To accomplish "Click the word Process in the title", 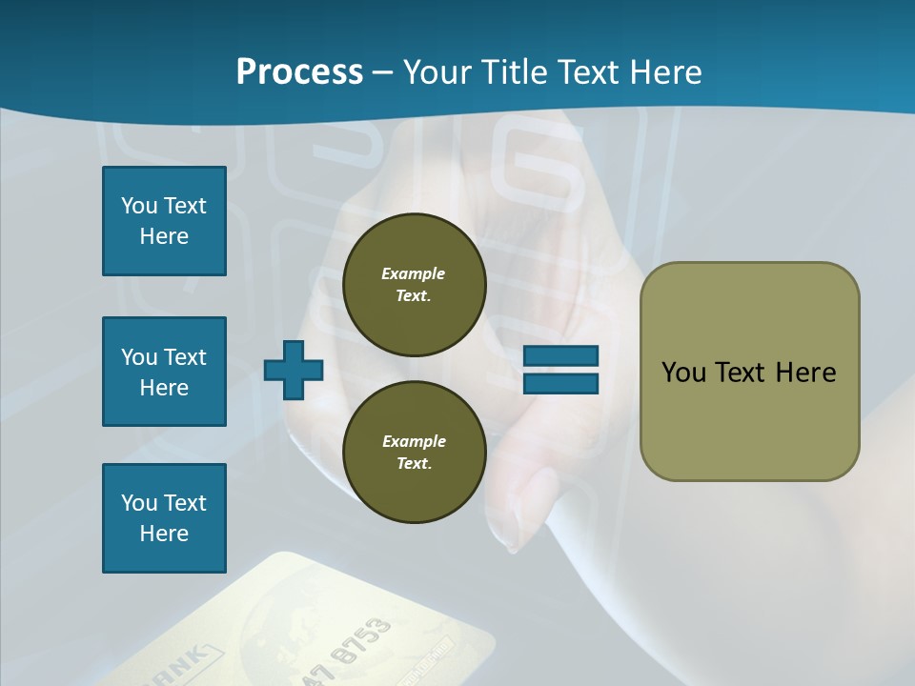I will pos(299,72).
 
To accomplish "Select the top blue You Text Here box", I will pos(164,221).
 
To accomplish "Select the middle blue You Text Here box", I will pos(164,372).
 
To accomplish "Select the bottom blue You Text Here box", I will pos(164,518).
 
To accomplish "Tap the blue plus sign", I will pos(294,371).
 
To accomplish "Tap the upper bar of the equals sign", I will pos(561,356).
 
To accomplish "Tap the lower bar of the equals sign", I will pos(561,383).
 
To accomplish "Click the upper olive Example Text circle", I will pos(414,285).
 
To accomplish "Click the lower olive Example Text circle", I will pos(414,453).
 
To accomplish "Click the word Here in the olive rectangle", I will pos(805,373).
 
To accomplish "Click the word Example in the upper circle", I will pos(414,273).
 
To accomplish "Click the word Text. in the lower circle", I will pos(414,464).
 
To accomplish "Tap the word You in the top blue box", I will pos(138,206).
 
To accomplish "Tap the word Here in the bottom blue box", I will pos(164,534).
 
